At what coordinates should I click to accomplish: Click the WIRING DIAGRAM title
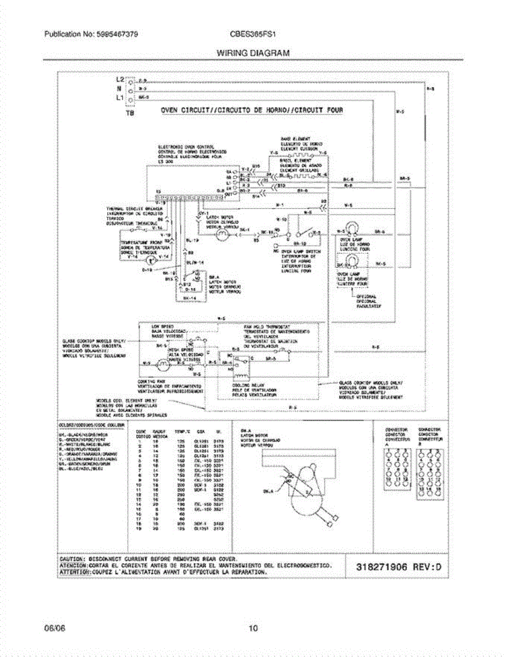[x=253, y=53]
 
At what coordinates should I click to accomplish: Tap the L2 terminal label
[x=120, y=80]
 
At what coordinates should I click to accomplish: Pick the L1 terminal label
[x=120, y=97]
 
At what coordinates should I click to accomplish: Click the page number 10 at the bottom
[x=253, y=628]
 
